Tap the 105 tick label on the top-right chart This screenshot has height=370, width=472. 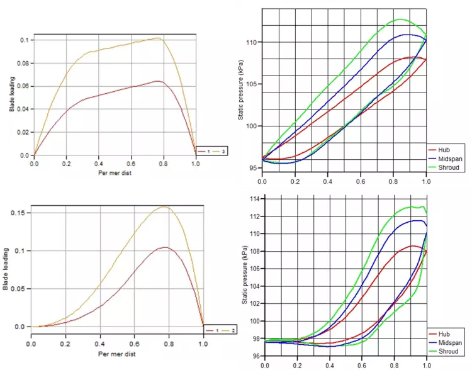(x=253, y=84)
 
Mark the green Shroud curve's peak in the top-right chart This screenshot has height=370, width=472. (x=400, y=20)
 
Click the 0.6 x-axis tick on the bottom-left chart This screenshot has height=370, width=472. (x=135, y=345)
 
